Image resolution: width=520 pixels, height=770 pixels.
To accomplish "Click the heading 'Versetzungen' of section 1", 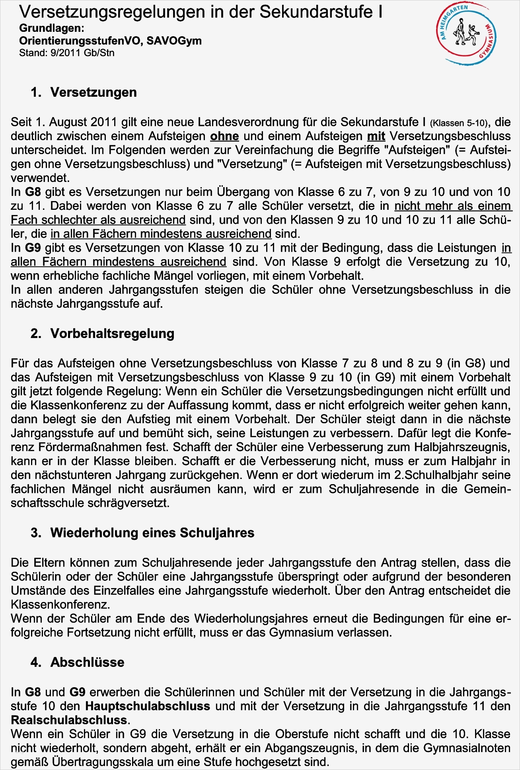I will [x=93, y=92].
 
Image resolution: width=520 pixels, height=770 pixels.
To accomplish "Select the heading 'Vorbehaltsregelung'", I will [x=112, y=333].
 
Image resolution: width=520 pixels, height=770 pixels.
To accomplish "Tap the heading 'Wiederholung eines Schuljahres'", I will [x=152, y=533].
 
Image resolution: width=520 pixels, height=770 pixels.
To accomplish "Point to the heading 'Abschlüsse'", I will [x=87, y=662].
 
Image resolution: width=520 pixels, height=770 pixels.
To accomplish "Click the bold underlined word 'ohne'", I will [x=224, y=136].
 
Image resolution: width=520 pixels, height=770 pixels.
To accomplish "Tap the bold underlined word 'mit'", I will [x=376, y=136].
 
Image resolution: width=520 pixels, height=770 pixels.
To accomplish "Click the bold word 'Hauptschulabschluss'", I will [x=148, y=706].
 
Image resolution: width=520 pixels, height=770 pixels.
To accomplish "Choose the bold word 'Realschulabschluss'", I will [x=69, y=720].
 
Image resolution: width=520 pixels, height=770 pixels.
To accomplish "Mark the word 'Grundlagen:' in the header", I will [x=52, y=29].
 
